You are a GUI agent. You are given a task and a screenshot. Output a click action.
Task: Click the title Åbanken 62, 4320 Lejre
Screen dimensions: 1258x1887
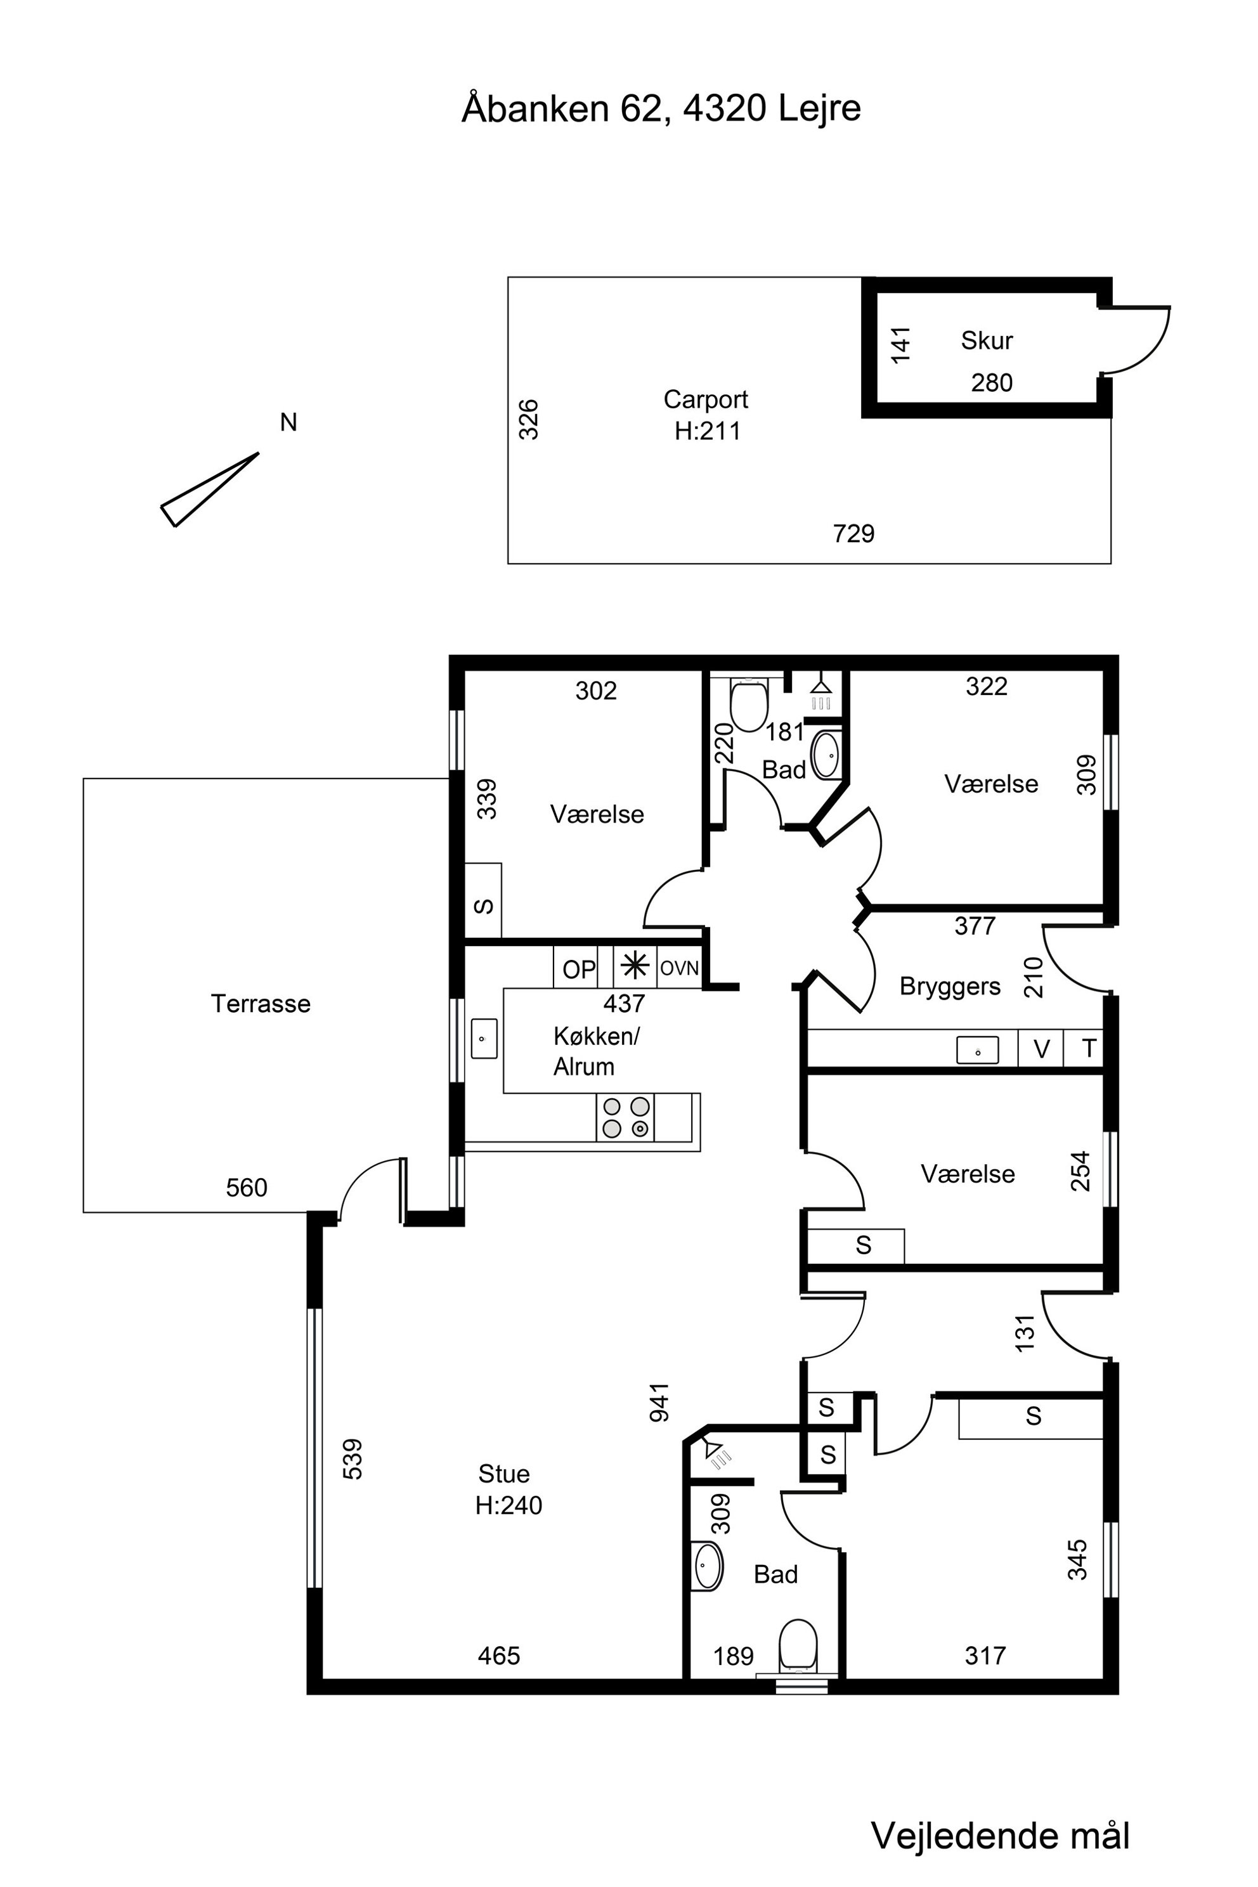[661, 108]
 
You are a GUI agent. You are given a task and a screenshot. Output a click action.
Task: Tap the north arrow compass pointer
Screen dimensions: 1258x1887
[209, 490]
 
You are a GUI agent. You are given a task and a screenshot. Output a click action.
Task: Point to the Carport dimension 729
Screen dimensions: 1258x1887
[853, 533]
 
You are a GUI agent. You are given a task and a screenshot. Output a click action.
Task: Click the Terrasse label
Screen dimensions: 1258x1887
[261, 1004]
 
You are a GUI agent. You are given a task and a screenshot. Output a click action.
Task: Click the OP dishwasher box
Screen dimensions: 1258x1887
[580, 968]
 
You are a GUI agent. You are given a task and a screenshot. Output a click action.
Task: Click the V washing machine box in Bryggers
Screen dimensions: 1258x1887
[1041, 1049]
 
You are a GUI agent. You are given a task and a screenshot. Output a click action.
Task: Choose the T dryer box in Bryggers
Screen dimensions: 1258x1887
[1084, 1049]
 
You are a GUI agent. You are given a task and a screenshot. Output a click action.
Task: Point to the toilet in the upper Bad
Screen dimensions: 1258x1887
[749, 704]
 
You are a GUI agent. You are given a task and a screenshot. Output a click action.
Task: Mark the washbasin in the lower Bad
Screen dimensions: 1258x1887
[707, 1566]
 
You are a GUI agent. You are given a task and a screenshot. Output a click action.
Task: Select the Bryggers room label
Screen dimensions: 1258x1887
[950, 986]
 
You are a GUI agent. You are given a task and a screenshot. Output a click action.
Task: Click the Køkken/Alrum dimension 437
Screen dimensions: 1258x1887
[624, 1003]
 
